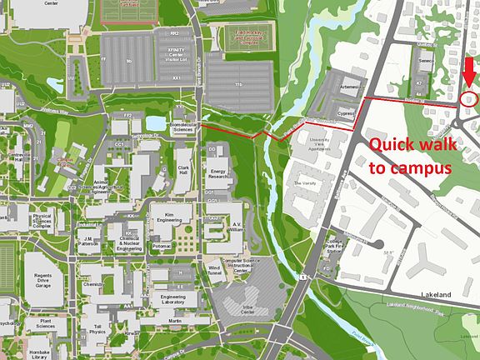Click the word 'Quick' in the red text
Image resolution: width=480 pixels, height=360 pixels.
click(393, 144)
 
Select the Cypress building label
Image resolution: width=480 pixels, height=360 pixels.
click(347, 112)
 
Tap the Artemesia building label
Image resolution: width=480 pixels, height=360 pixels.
click(348, 87)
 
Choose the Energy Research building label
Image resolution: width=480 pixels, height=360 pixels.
click(218, 173)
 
